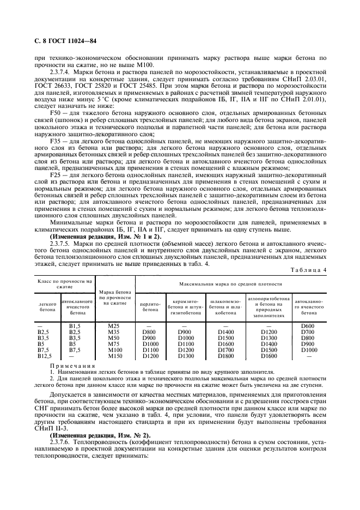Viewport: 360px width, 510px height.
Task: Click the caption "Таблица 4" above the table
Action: [309, 270]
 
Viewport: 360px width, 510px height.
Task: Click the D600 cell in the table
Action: [309, 326]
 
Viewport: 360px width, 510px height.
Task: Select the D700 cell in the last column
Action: [309, 332]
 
